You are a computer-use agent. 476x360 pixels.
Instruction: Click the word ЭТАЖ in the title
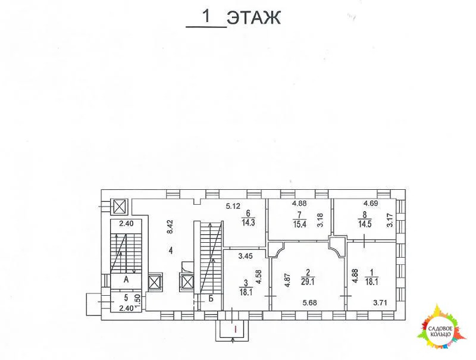tap(254, 18)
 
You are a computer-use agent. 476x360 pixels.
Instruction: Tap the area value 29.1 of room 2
tap(308, 282)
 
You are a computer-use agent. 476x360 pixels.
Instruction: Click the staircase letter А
tap(126, 279)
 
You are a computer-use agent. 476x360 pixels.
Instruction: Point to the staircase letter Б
tap(211, 298)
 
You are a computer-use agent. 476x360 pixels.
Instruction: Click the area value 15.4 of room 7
tap(299, 224)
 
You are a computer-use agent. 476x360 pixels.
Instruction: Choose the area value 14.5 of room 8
tap(365, 224)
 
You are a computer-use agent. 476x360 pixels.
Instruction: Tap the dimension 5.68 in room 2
tap(309, 303)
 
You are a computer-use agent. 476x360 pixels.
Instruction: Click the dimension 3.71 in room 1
tap(380, 303)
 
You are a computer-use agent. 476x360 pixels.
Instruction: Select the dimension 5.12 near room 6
tap(233, 206)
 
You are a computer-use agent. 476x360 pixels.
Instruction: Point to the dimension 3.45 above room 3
tap(245, 256)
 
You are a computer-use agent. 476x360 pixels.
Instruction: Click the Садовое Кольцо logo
tap(442, 327)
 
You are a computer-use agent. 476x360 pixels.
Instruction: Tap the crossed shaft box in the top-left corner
tap(120, 206)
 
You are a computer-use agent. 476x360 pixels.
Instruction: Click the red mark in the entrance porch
tap(235, 328)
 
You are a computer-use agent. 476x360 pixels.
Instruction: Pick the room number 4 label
tap(171, 251)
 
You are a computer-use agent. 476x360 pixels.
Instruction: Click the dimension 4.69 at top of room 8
tap(371, 204)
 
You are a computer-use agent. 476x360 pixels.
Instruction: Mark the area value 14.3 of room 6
tap(248, 223)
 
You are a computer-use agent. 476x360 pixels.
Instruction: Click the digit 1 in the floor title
tap(206, 17)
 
